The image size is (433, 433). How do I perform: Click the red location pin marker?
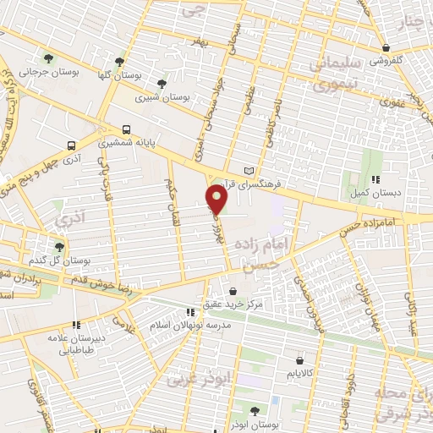(216, 200)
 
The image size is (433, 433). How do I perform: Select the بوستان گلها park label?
(119, 75)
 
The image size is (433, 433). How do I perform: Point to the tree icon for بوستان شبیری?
(162, 83)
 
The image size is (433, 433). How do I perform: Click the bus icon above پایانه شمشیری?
(126, 129)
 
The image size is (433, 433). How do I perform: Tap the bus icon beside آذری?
(72, 144)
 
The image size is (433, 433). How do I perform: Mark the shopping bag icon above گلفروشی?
(386, 47)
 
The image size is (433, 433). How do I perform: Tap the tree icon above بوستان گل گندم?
(59, 247)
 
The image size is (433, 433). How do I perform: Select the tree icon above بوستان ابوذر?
(255, 411)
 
